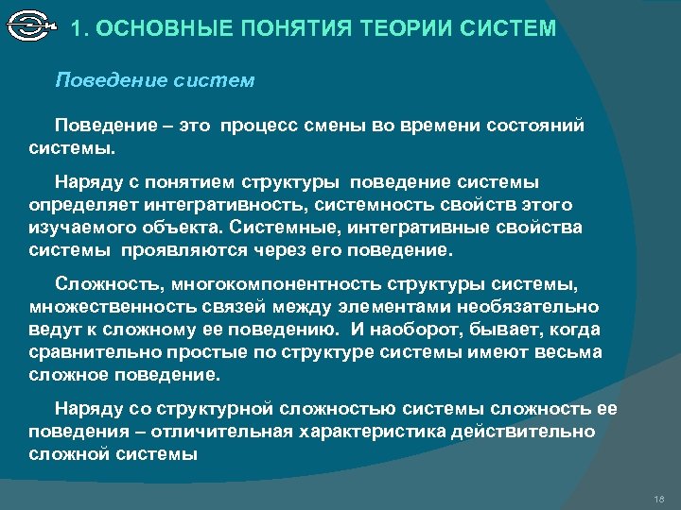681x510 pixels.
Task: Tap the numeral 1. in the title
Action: coord(81,28)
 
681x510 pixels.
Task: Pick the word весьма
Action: coord(570,352)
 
